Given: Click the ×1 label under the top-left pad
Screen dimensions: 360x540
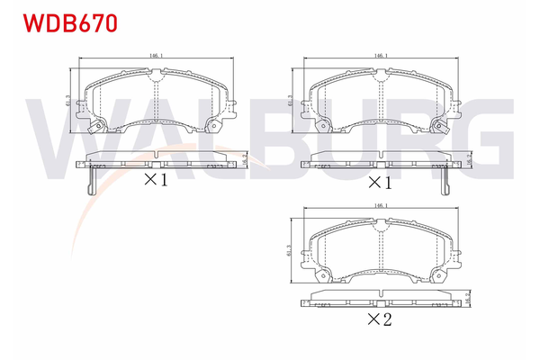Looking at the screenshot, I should coord(155,180).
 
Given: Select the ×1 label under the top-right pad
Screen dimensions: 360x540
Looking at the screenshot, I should coord(379,182).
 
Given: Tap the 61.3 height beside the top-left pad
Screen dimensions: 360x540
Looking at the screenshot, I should coord(69,104).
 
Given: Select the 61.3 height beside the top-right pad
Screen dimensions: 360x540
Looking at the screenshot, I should coord(290,104).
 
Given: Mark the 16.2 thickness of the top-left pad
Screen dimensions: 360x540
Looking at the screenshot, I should coord(245,158).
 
